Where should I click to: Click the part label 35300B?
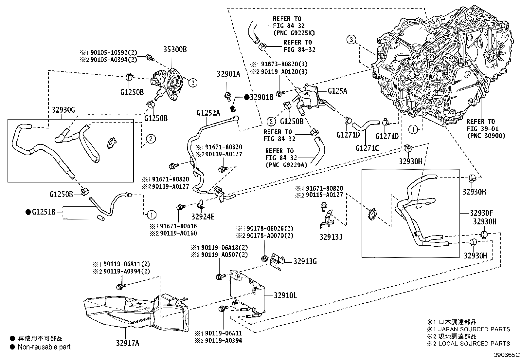click(175, 49)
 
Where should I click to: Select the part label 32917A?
click(127, 343)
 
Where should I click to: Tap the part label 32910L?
click(285, 295)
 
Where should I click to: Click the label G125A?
click(337, 91)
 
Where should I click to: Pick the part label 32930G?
click(63, 110)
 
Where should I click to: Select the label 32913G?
click(305, 261)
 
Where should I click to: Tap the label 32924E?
click(203, 216)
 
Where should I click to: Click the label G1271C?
click(367, 148)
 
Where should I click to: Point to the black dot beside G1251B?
click(28, 212)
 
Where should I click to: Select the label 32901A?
click(228, 74)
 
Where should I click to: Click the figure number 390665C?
click(507, 355)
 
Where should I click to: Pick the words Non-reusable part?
click(44, 347)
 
